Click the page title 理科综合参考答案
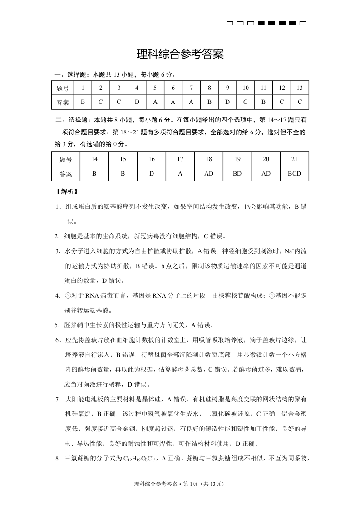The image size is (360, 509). (x=180, y=55)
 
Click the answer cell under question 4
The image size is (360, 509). (x=137, y=102)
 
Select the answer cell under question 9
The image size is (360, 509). (x=227, y=102)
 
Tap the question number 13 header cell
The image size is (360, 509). (x=300, y=88)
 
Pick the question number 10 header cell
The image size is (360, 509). (x=246, y=88)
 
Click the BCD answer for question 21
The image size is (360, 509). (x=294, y=173)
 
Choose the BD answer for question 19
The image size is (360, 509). (x=237, y=173)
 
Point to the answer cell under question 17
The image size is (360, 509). (x=180, y=173)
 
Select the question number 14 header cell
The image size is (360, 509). (x=94, y=159)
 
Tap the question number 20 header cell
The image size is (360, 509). (x=266, y=159)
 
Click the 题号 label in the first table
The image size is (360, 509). (x=63, y=88)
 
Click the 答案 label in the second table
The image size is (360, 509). (x=66, y=173)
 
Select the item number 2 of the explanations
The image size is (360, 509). (x=58, y=236)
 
